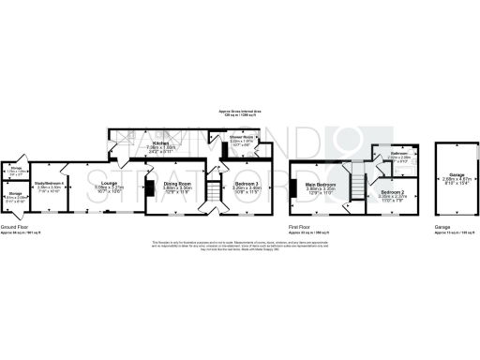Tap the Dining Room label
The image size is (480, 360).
[177, 184]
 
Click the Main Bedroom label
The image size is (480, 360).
[322, 184]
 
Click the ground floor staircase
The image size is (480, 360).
[213, 190]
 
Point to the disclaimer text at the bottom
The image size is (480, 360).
[239, 247]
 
